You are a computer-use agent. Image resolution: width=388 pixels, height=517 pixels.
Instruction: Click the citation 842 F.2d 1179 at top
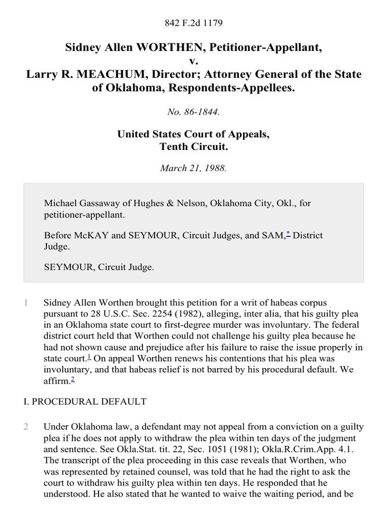(194, 23)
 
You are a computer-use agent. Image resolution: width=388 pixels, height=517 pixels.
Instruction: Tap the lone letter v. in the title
(194, 61)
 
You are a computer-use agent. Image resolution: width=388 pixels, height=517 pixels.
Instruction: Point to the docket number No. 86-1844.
(194, 112)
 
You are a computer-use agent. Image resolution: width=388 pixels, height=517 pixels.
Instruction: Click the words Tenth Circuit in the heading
(194, 147)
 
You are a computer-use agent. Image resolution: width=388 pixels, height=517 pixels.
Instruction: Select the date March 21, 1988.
(194, 169)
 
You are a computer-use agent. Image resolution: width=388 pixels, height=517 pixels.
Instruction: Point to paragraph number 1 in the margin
(26, 303)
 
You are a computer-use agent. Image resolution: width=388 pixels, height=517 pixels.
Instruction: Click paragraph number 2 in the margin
(26, 427)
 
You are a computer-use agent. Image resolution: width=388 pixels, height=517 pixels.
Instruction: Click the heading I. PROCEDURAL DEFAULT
(95, 401)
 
